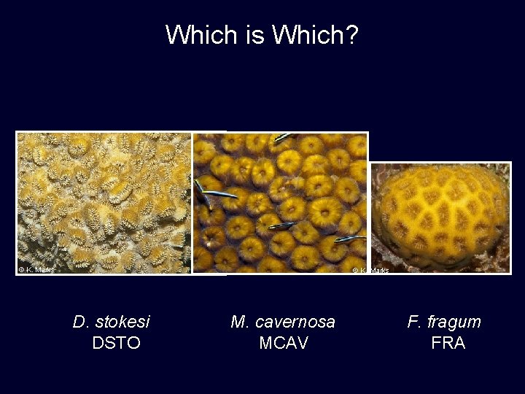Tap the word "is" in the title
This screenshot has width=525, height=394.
click(x=248, y=34)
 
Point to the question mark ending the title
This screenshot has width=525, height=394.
click(x=352, y=34)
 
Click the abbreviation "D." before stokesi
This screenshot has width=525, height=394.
click(x=81, y=322)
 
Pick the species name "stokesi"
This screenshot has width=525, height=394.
click(x=122, y=322)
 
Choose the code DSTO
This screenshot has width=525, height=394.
click(x=116, y=343)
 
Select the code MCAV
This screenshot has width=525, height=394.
click(x=284, y=343)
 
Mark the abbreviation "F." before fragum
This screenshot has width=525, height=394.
click(x=415, y=322)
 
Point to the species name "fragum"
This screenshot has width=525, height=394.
click(x=454, y=322)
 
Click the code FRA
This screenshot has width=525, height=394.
click(x=448, y=343)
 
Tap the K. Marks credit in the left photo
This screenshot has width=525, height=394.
click(x=36, y=269)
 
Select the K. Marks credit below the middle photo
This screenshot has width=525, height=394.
click(x=371, y=271)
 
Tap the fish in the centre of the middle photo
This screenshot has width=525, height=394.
click(x=281, y=226)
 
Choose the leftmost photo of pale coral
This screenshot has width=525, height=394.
click(x=104, y=202)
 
